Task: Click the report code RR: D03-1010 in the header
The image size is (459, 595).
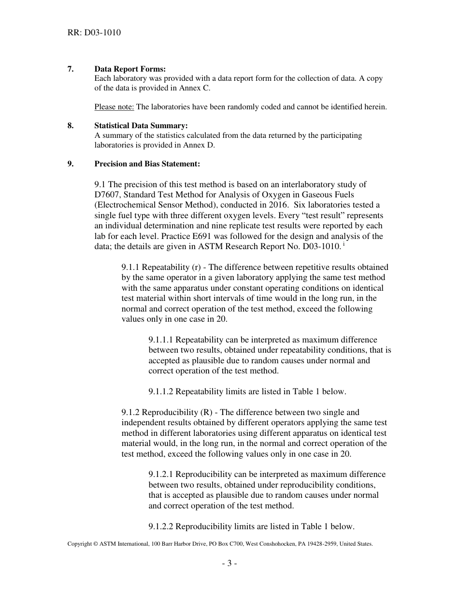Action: click(94, 33)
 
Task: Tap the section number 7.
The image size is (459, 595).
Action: click(71, 69)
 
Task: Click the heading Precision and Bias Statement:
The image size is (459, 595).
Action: click(147, 164)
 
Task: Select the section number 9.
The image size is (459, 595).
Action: click(71, 164)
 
